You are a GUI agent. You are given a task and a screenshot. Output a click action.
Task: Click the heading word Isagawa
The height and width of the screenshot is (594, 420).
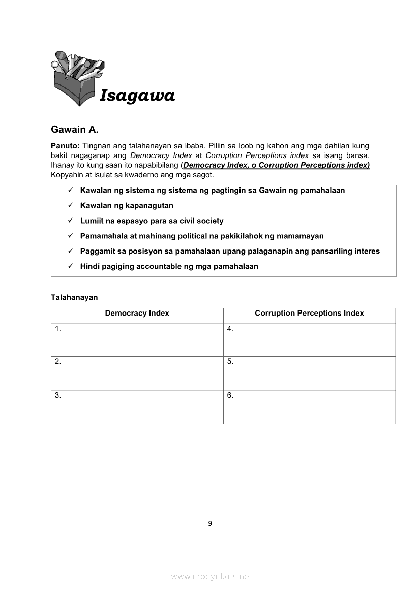click(x=137, y=96)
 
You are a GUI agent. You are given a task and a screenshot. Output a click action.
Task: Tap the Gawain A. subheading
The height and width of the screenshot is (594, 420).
click(x=74, y=130)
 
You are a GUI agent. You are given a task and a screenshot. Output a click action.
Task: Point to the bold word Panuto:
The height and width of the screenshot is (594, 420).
click(x=65, y=146)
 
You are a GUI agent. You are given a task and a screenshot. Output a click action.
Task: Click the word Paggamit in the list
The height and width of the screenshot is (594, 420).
click(x=97, y=251)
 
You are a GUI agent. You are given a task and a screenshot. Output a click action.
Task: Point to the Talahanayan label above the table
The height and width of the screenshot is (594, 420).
click(x=74, y=297)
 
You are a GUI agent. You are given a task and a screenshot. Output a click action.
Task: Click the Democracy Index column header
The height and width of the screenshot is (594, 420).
click(x=137, y=314)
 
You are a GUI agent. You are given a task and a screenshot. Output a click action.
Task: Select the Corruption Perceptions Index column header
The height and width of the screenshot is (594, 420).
click(x=309, y=314)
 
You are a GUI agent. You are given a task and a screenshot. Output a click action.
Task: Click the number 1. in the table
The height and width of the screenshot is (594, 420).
click(x=58, y=329)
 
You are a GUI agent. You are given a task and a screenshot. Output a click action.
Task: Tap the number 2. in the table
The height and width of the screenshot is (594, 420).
click(x=58, y=362)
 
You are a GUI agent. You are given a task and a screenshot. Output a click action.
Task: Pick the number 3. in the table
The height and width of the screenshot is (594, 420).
click(x=58, y=395)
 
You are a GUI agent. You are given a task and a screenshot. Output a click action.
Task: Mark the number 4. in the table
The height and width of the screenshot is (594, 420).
click(x=230, y=329)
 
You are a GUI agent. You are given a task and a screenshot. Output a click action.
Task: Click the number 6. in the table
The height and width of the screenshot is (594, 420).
click(x=230, y=395)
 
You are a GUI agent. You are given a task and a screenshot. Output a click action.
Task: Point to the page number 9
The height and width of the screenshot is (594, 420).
click(x=210, y=524)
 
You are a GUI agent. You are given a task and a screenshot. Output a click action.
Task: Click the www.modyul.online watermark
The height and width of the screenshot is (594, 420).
click(x=210, y=577)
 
